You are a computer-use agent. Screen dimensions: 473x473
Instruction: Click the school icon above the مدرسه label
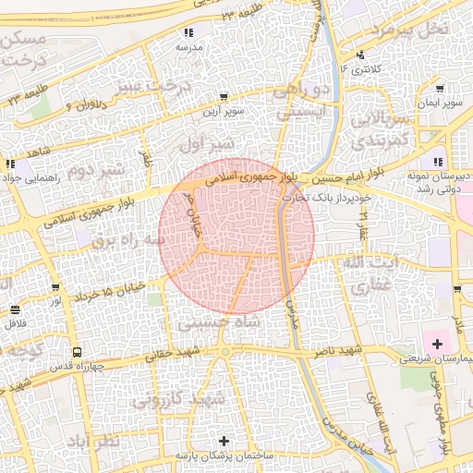coord(189,32)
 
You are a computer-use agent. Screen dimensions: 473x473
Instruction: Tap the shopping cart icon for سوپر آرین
coord(224,97)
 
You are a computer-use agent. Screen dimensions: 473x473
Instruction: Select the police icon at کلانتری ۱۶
coord(360,55)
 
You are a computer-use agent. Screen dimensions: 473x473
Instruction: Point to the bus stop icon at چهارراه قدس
coord(76,352)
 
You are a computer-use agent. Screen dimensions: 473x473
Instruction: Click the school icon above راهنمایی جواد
coord(10,164)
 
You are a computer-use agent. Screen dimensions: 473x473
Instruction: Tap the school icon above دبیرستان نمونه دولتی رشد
coord(437,163)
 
